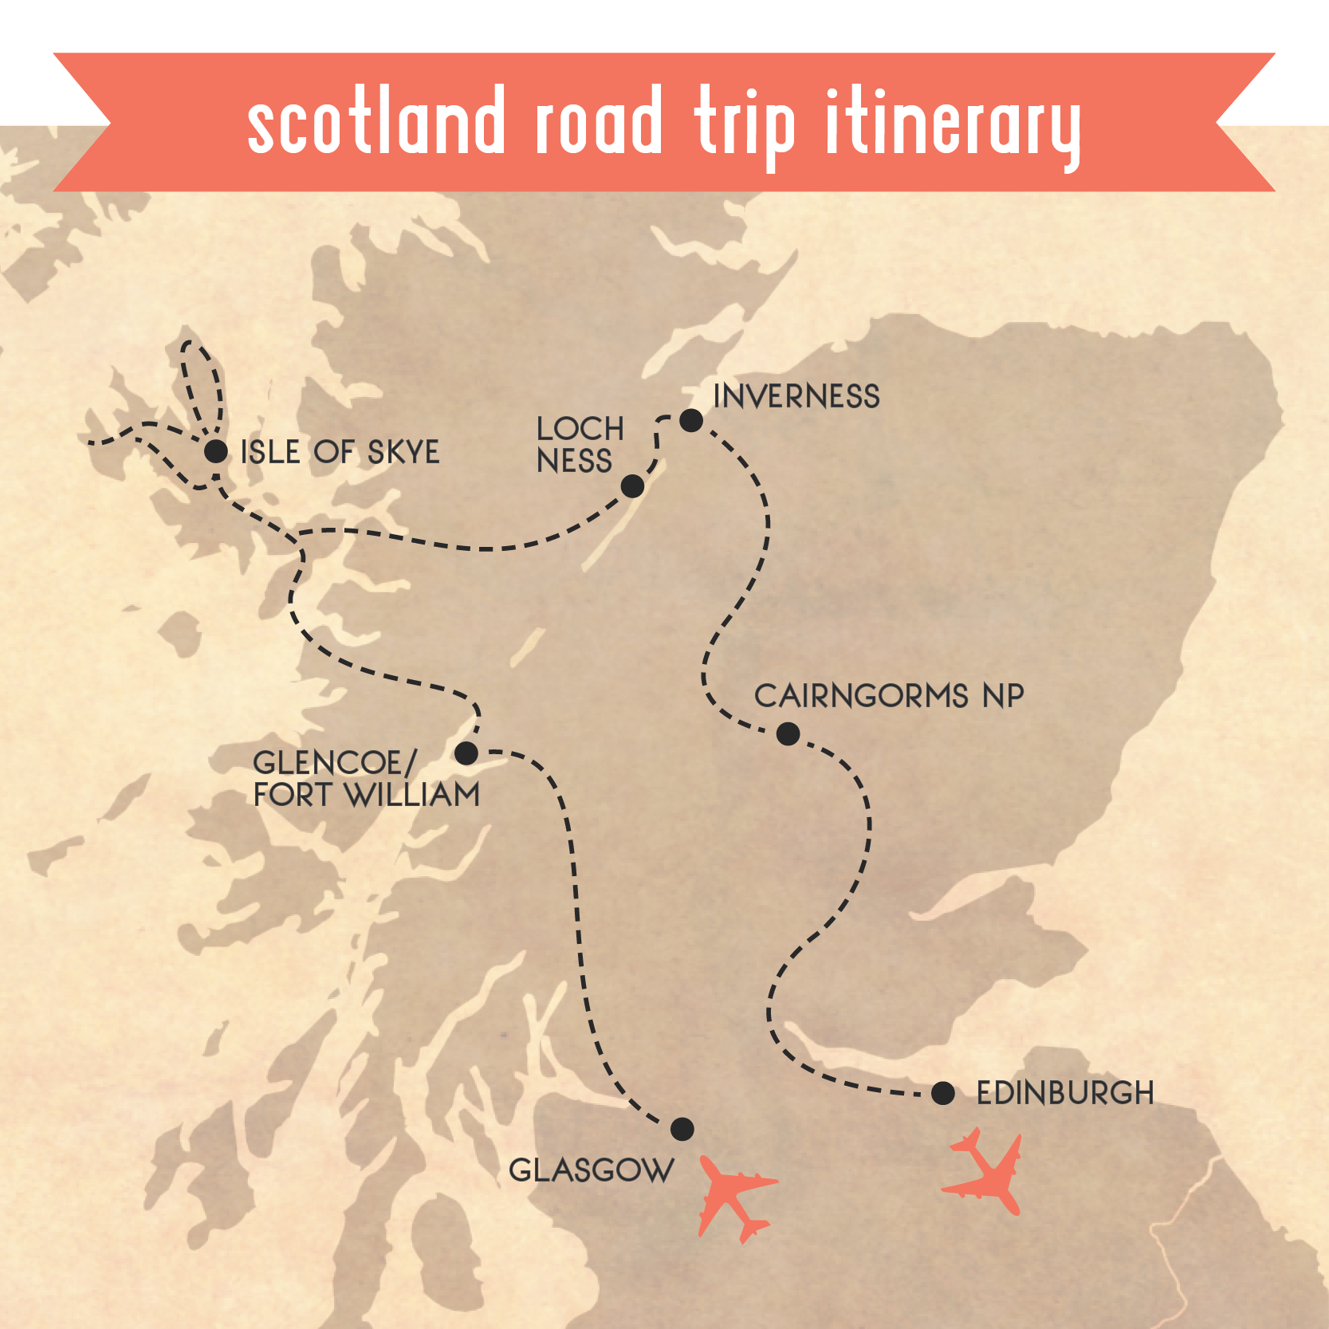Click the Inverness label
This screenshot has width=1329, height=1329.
point(796,396)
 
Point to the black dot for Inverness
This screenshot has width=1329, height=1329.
point(691,420)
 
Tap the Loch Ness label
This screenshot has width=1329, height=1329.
point(580,445)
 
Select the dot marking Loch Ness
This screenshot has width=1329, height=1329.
point(632,486)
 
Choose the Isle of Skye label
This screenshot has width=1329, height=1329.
point(340,452)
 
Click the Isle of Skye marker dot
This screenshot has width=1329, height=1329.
point(215,451)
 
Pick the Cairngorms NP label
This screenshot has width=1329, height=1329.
point(889,696)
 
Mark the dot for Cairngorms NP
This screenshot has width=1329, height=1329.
point(788,733)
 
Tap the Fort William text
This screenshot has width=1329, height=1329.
point(367,795)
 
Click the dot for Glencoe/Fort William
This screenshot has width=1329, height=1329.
point(466,753)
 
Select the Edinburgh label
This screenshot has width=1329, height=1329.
point(1065,1093)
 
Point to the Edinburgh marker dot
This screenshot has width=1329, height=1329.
point(942,1093)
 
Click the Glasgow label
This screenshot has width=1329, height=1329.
point(591,1170)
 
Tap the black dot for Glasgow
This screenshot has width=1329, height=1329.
point(682,1129)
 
